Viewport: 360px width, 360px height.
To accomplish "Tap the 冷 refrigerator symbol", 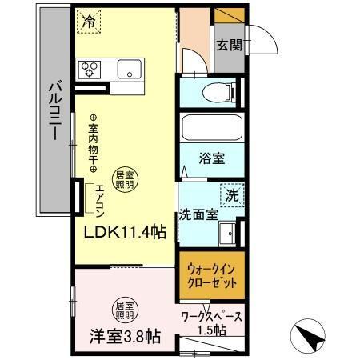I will (89, 22).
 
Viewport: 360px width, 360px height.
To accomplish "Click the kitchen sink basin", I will (129, 70).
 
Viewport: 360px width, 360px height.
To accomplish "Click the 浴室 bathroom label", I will (211, 158).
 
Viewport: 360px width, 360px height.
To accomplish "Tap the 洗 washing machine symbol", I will (230, 194).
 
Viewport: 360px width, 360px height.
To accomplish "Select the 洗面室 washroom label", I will (197, 214).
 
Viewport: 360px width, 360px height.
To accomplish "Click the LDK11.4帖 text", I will (126, 233).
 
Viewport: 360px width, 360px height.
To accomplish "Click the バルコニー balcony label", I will (52, 112).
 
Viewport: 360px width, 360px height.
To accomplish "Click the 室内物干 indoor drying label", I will (93, 143).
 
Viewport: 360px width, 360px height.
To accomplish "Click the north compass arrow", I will (314, 335).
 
